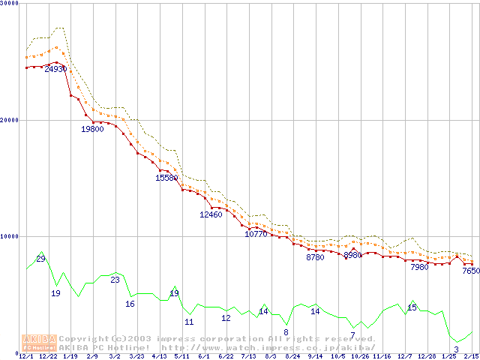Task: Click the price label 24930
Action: [56, 69]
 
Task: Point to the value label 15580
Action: [166, 178]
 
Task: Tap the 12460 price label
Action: [211, 215]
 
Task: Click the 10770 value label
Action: [256, 235]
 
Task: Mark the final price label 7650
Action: [470, 271]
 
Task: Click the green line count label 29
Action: [40, 259]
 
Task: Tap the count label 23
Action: [115, 280]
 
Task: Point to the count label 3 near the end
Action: [456, 349]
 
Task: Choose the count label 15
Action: [412, 307]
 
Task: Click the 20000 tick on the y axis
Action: [9, 120]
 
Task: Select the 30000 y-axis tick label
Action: [9, 4]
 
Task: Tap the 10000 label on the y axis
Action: [9, 236]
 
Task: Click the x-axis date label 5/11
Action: [181, 356]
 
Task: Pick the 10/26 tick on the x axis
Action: [360, 356]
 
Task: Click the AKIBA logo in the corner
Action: [40, 342]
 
